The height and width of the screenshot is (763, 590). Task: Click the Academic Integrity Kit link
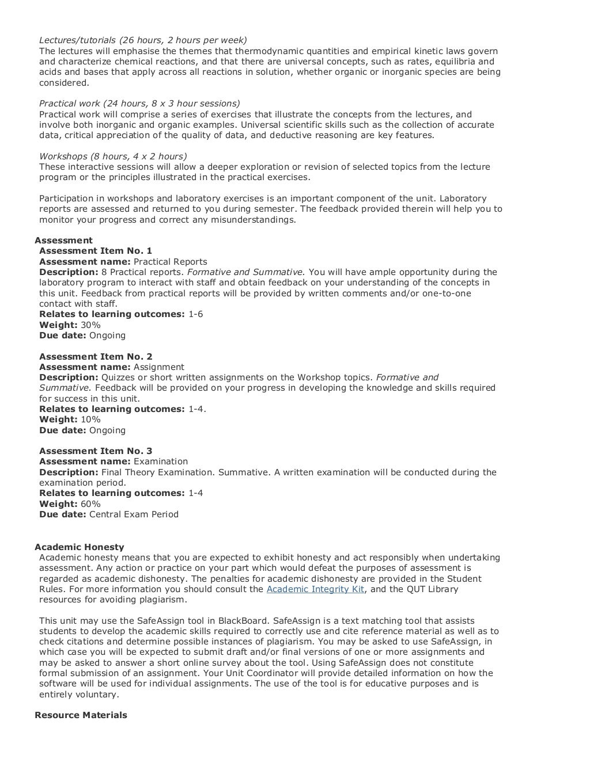point(315,589)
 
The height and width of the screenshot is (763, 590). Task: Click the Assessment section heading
point(63,241)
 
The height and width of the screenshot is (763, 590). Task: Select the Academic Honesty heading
point(80,547)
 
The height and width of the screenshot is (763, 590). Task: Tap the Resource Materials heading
point(81,715)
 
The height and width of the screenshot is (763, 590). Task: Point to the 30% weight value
point(90,325)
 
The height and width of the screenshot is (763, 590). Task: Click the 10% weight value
point(90,419)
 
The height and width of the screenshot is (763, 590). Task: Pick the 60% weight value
point(90,504)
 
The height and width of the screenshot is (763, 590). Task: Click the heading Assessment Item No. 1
point(96,251)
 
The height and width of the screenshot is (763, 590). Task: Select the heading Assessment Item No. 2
point(96,357)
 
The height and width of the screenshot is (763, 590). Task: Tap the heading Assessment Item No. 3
point(96,451)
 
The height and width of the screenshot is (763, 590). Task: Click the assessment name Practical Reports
point(170,262)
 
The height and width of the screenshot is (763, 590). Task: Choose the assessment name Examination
point(161,461)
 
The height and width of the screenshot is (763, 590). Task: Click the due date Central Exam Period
point(134,514)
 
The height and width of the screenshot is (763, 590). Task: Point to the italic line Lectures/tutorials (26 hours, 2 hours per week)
point(143,40)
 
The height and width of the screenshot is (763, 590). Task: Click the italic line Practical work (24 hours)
point(139,104)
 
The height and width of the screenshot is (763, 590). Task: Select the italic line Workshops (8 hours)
point(113,157)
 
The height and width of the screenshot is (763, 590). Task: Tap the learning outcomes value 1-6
point(195,314)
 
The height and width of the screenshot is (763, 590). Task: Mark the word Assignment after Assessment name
point(159,367)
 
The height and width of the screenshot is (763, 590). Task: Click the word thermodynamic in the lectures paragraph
point(268,51)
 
